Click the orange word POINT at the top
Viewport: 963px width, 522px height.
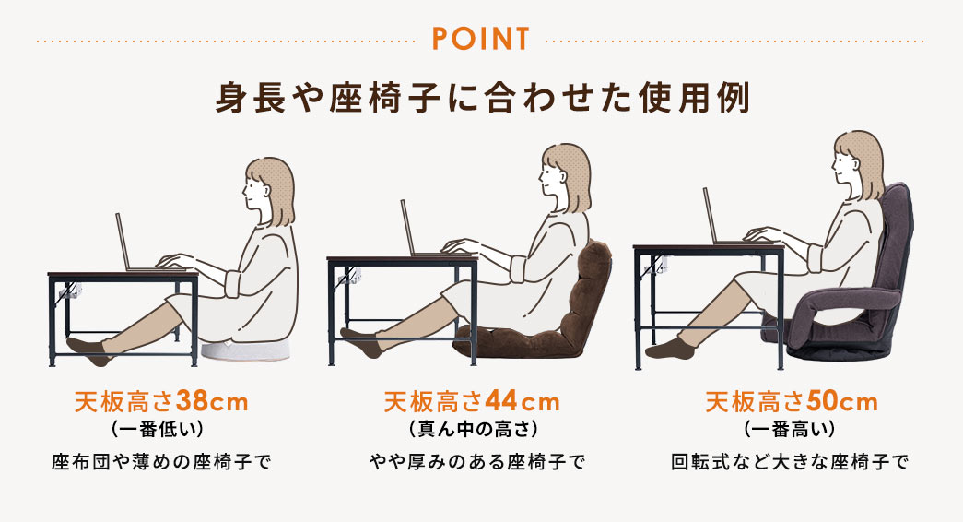[479, 40]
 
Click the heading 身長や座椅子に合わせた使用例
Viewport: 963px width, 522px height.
[481, 98]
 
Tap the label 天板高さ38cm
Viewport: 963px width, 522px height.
[161, 402]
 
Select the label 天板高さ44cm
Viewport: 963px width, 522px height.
[471, 402]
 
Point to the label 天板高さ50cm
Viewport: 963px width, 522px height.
[791, 402]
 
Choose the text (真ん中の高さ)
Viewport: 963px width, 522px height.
[471, 429]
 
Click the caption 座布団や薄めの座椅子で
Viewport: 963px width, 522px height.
[161, 460]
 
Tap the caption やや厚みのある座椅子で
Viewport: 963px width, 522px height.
[476, 460]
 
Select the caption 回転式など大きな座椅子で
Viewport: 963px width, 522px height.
[790, 460]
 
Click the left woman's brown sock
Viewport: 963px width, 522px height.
[88, 348]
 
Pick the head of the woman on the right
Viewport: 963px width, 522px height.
[856, 160]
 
